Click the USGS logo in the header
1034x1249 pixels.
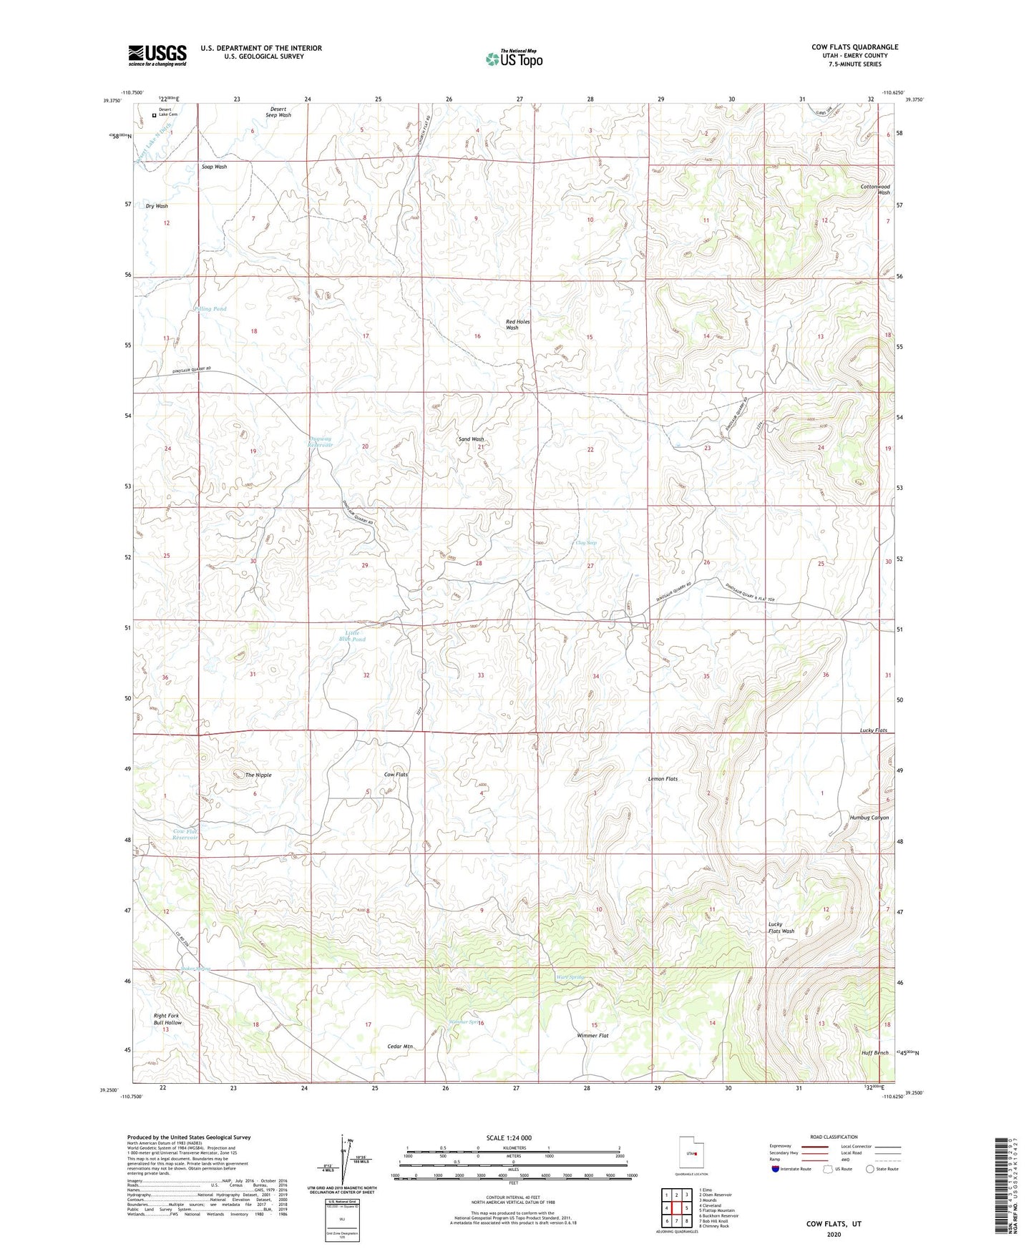tap(157, 55)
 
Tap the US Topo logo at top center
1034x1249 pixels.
tap(514, 59)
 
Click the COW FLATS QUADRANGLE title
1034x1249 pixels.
tap(854, 47)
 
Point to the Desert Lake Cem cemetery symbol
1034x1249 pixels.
tap(154, 112)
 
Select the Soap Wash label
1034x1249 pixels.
tap(214, 167)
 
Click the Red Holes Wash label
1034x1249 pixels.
tap(517, 325)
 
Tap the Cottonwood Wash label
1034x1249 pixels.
tap(874, 190)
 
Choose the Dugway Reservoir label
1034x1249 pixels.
tap(320, 441)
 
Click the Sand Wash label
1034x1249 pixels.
tap(471, 439)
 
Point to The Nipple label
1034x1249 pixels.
tap(258, 775)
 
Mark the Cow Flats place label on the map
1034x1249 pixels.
tap(396, 775)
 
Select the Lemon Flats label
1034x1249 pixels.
tap(663, 779)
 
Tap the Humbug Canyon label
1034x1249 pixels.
tap(869, 818)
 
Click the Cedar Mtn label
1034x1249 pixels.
tap(400, 1047)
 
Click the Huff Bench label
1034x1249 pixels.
tap(874, 1053)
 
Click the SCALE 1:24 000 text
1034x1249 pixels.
tap(509, 1138)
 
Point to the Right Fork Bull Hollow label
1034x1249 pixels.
tap(167, 1019)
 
